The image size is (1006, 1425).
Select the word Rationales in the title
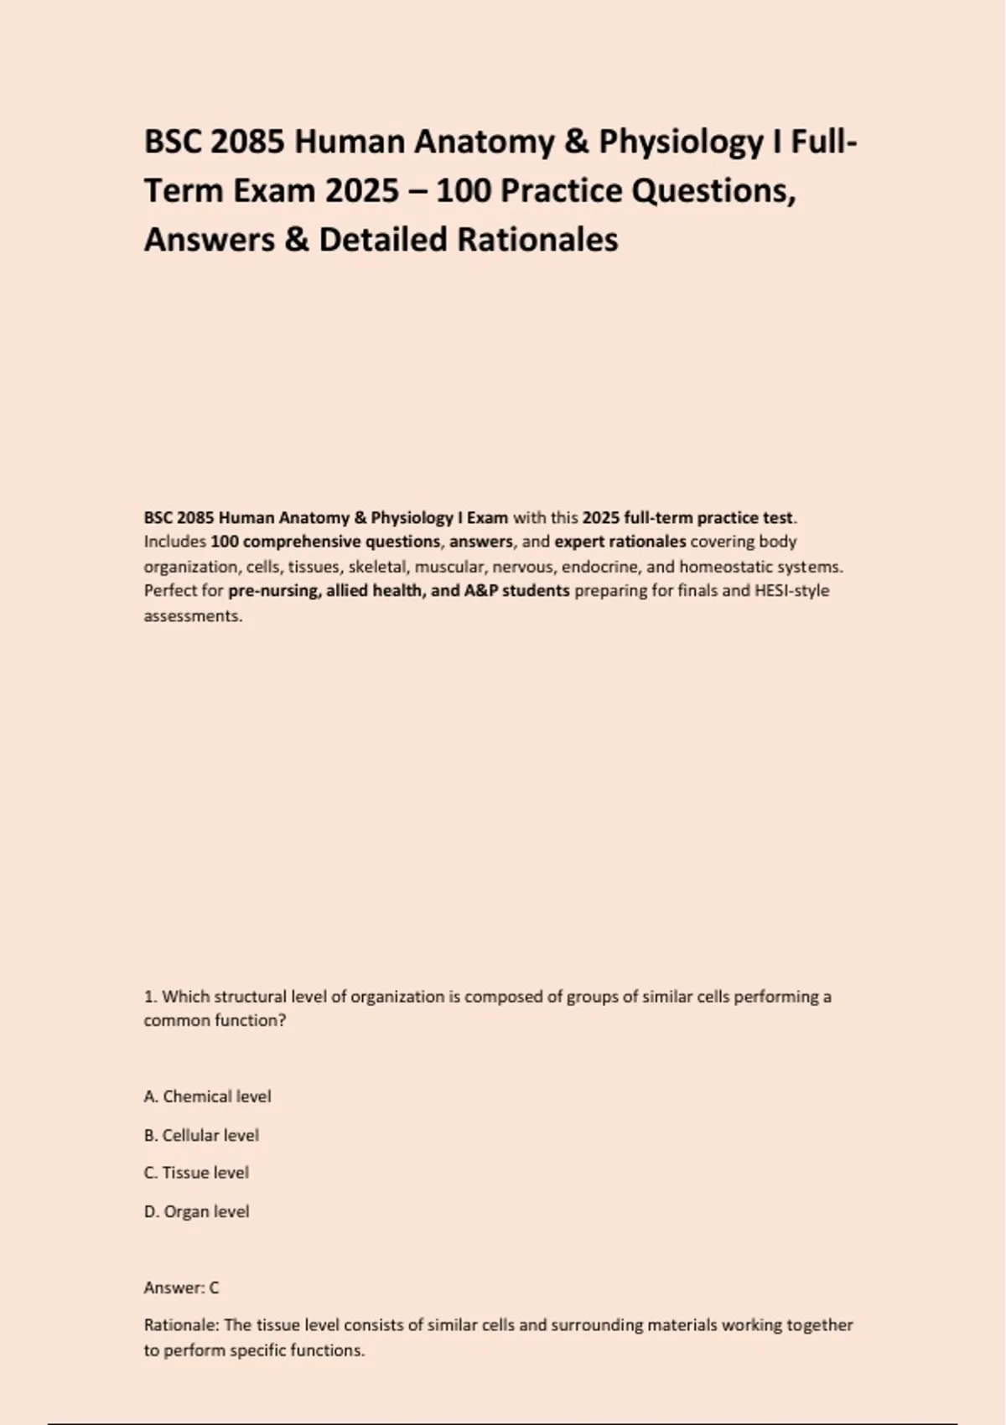tap(537, 240)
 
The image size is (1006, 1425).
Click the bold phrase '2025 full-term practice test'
tap(687, 517)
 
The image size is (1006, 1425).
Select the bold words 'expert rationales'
tap(620, 541)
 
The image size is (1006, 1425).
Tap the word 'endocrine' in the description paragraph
tap(599, 567)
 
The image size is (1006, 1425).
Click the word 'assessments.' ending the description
tap(193, 616)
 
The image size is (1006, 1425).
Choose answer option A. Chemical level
tap(207, 1096)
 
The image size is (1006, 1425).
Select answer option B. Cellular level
tap(201, 1135)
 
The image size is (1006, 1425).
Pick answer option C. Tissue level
tap(196, 1173)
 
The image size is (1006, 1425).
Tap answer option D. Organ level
tap(196, 1211)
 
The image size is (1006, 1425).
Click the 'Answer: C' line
tap(181, 1288)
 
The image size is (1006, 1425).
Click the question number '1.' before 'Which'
tap(150, 997)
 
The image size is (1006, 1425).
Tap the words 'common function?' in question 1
tap(215, 1021)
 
